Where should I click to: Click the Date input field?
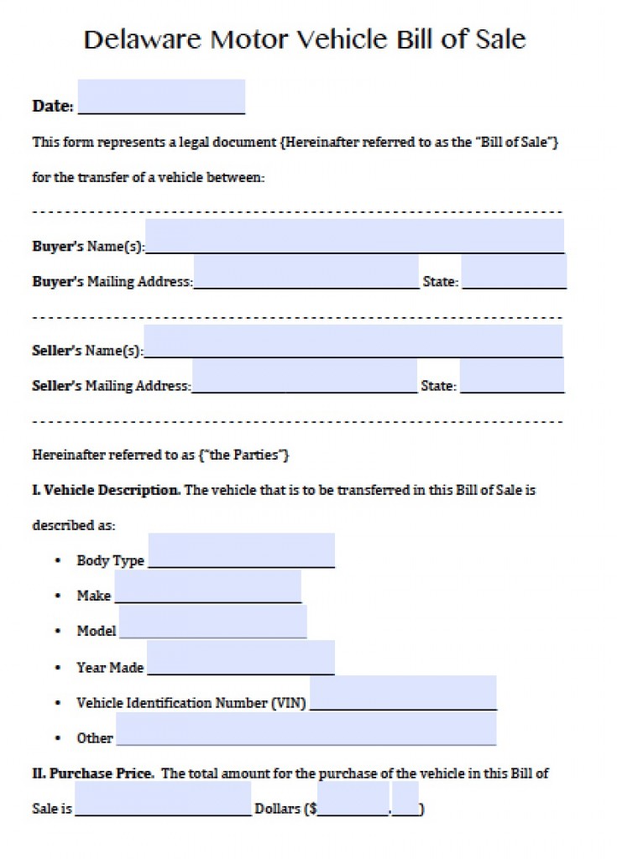[161, 96]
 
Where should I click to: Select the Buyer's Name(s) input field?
[354, 236]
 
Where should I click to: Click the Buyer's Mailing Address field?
[306, 272]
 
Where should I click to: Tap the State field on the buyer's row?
[514, 272]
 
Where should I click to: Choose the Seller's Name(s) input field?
[353, 341]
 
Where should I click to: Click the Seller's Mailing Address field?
[304, 376]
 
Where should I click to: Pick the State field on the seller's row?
[512, 376]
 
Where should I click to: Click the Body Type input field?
[241, 550]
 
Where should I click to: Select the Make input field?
[207, 586]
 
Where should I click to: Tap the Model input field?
[212, 621]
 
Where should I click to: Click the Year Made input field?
[241, 657]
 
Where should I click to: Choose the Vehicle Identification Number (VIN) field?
[403, 692]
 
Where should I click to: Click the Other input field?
[306, 728]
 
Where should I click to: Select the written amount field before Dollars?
[163, 799]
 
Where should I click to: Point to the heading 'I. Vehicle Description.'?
[106, 490]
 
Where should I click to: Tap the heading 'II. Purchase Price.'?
[93, 773]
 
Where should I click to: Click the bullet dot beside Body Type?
[57, 560]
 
